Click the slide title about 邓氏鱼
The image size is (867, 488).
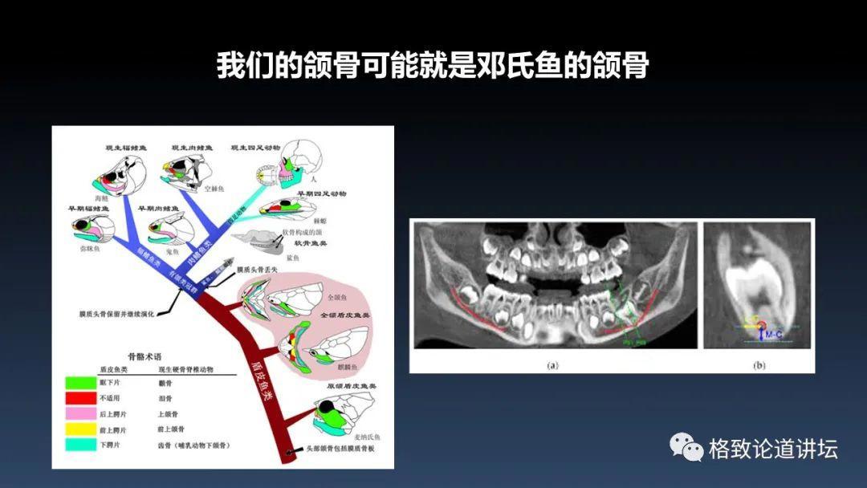[433, 65]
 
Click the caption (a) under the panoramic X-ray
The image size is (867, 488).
[552, 364]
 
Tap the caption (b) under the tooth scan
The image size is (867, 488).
[759, 365]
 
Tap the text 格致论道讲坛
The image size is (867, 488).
[773, 449]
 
